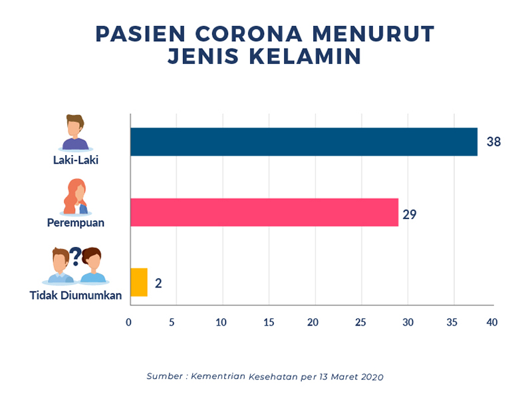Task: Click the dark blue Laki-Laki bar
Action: pyautogui.click(x=303, y=141)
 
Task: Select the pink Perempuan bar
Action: pyautogui.click(x=264, y=212)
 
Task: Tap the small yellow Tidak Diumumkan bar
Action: pyautogui.click(x=138, y=282)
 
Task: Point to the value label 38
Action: pyautogui.click(x=493, y=142)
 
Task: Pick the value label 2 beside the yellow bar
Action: pyautogui.click(x=158, y=283)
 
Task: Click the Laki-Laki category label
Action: pyautogui.click(x=76, y=160)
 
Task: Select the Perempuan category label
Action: pyautogui.click(x=76, y=222)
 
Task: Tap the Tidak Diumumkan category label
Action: pyautogui.click(x=76, y=295)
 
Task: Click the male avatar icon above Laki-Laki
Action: pyautogui.click(x=75, y=132)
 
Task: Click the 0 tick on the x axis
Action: pyautogui.click(x=129, y=323)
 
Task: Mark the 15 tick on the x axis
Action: pyautogui.click(x=269, y=323)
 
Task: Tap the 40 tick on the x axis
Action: pyautogui.click(x=492, y=323)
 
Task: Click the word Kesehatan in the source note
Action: pyautogui.click(x=254, y=377)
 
